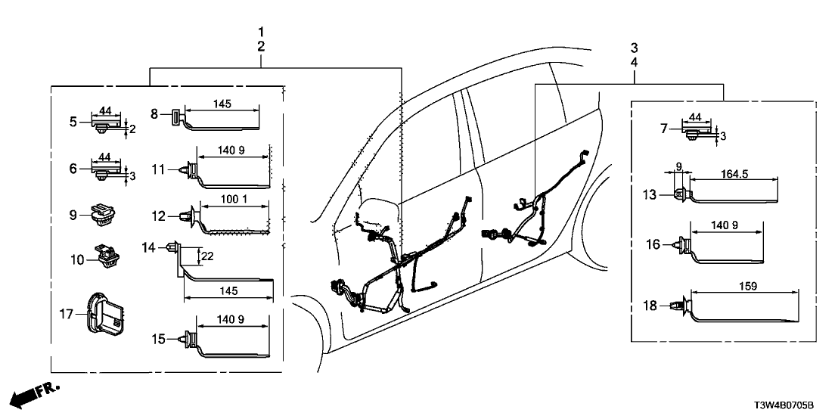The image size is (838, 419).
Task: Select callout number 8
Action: pos(154,114)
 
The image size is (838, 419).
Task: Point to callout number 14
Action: pos(147,247)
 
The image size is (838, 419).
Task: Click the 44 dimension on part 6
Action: pos(104,158)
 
